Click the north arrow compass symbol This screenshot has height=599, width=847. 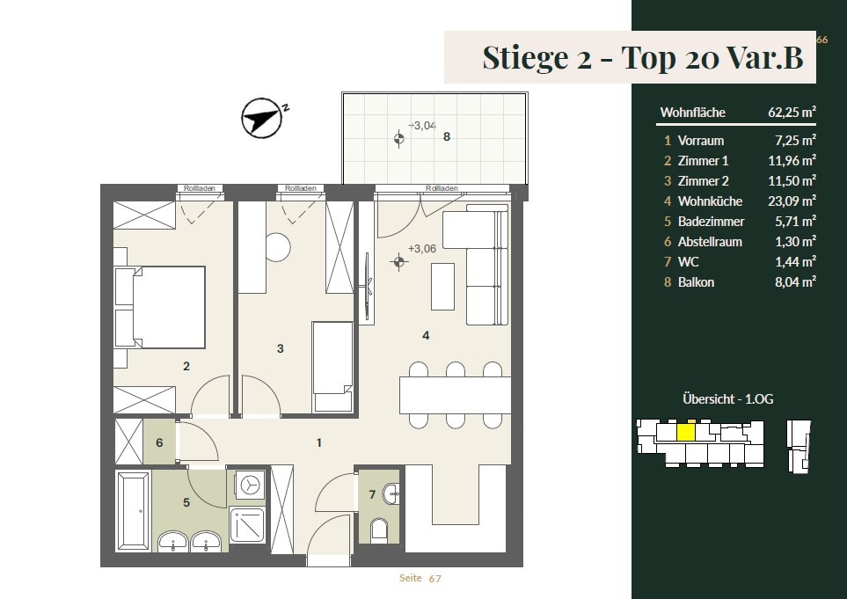click(262, 118)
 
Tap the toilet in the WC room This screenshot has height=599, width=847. click(380, 530)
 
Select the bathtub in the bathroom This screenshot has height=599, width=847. click(133, 511)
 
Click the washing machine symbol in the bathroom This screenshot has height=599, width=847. click(250, 485)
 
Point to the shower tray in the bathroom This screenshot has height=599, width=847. click(247, 524)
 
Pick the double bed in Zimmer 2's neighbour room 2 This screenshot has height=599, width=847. click(160, 307)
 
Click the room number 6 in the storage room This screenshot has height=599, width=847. click(159, 443)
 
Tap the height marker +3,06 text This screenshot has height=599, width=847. click(422, 249)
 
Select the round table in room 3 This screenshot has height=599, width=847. click(277, 247)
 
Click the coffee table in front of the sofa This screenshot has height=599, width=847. click(442, 286)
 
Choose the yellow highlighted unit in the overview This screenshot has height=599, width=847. click(686, 433)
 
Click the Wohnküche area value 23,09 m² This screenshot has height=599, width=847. click(792, 201)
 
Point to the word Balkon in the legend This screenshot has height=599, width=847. click(696, 282)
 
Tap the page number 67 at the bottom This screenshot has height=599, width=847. click(434, 579)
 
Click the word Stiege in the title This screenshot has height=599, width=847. click(525, 57)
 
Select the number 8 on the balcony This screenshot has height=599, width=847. click(447, 136)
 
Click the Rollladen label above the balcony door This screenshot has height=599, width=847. click(442, 188)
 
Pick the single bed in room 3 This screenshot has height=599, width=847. click(332, 367)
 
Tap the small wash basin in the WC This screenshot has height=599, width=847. click(391, 493)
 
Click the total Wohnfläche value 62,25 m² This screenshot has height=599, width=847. click(792, 113)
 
